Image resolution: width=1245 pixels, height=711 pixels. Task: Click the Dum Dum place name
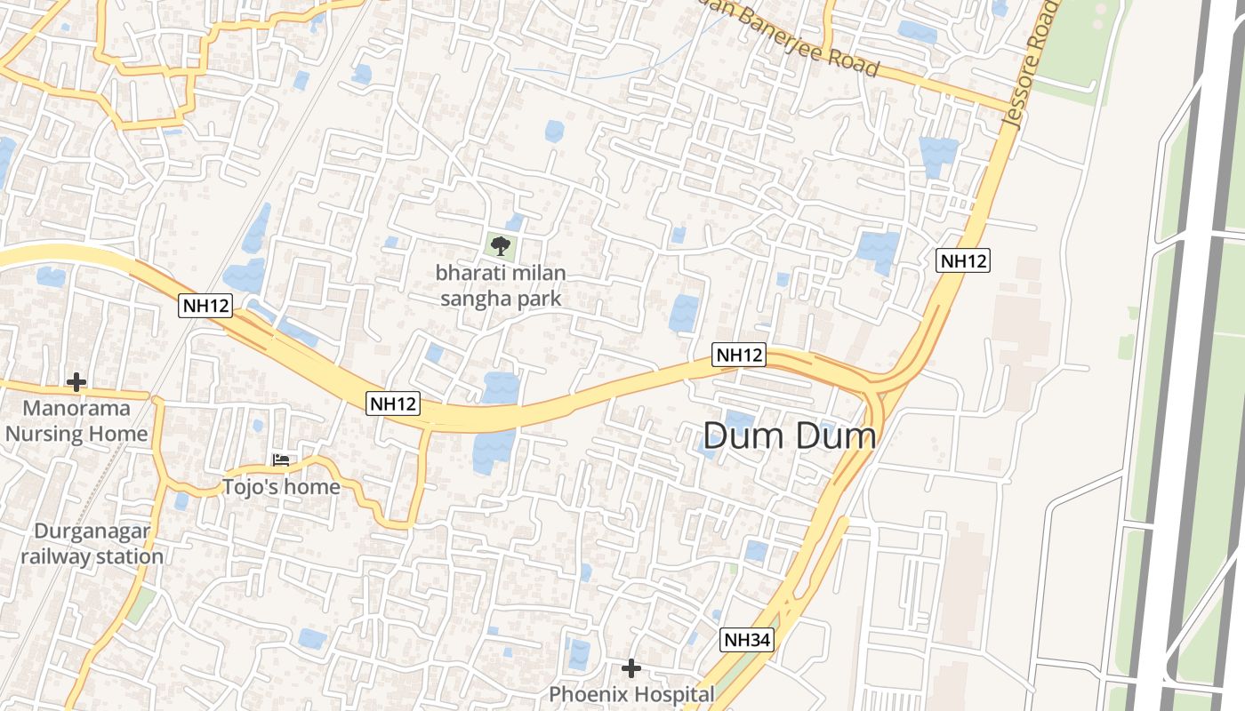pos(790,435)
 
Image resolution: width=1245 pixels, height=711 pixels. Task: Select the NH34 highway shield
pos(747,639)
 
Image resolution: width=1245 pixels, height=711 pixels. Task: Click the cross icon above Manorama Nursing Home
pos(76,382)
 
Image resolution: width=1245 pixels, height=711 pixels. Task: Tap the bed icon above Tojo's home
pos(281,460)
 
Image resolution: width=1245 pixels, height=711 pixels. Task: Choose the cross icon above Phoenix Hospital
pos(631,667)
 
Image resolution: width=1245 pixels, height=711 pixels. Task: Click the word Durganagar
pos(92,531)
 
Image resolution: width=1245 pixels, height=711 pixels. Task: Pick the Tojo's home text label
pos(281,487)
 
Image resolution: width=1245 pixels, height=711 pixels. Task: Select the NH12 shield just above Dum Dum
pos(739,355)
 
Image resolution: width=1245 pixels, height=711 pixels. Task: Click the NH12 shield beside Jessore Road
pos(963,260)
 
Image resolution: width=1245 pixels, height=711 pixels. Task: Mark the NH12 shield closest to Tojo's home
pos(393,403)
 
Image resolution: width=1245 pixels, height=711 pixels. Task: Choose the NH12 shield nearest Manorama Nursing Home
pos(205,306)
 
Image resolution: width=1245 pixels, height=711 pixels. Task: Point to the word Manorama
pos(76,409)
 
